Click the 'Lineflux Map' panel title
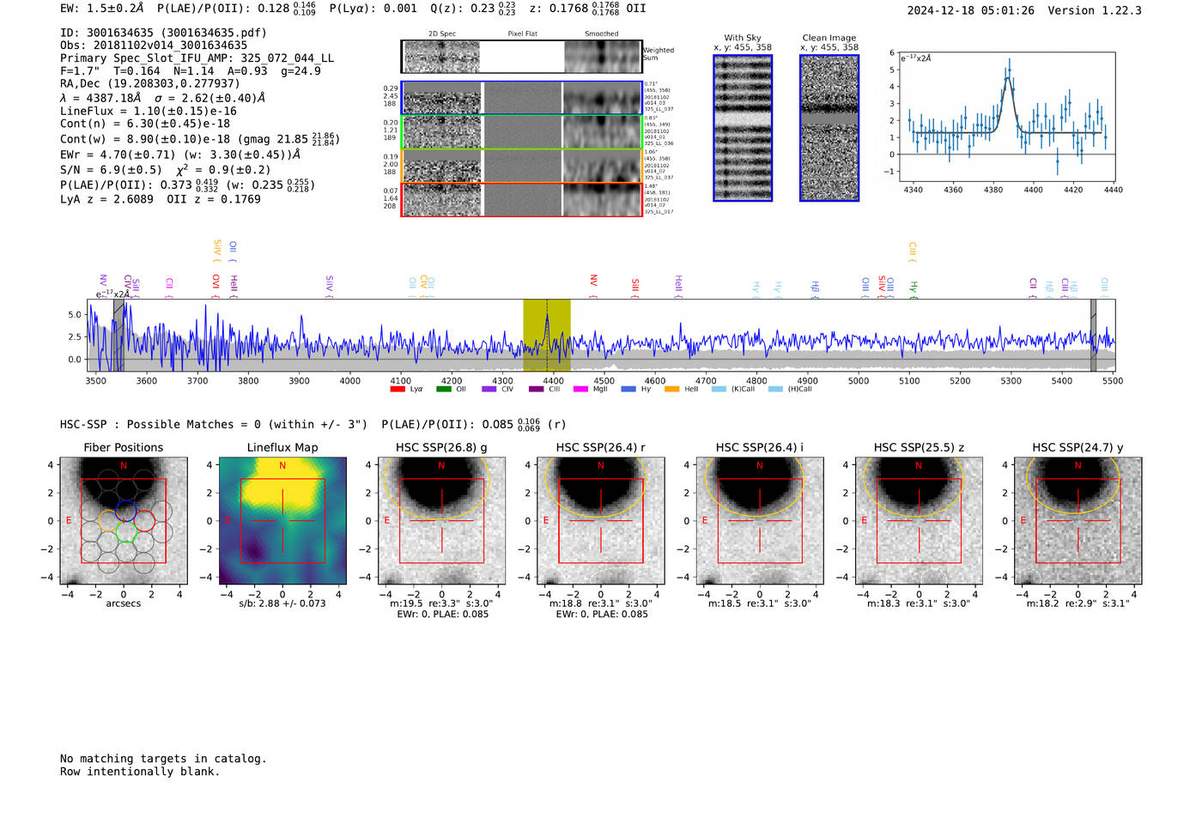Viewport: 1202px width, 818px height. tap(282, 447)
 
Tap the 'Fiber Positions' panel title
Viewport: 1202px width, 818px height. tap(123, 447)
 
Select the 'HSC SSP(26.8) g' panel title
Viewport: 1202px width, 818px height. tap(441, 447)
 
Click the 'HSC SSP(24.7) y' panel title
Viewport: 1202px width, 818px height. tap(1078, 447)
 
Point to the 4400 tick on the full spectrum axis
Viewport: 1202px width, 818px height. tap(554, 380)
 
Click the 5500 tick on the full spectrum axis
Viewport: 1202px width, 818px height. tap(1113, 380)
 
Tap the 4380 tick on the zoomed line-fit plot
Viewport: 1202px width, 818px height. tap(993, 190)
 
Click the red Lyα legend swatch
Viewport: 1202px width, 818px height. tap(398, 390)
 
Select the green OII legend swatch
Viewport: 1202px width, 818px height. tap(443, 390)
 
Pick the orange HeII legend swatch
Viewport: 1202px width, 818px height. tap(671, 390)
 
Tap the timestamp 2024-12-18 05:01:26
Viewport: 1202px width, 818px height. tap(970, 10)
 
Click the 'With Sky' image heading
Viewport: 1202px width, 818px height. tap(743, 38)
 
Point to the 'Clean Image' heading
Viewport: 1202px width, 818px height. tap(829, 38)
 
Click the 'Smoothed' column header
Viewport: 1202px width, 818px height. tap(601, 34)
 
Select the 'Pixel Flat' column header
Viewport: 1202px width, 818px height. tap(522, 34)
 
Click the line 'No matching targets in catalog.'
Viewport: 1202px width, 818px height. tap(163, 759)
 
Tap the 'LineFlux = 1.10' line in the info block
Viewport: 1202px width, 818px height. tap(148, 111)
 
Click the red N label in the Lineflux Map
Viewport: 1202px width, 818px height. tap(282, 466)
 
